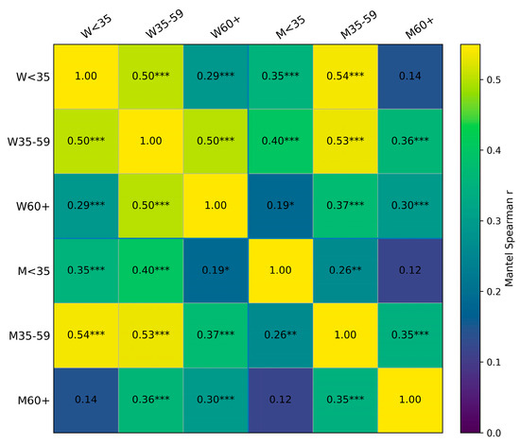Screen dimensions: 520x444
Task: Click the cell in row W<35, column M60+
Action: (x=410, y=77)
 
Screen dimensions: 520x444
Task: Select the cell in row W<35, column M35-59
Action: (x=345, y=77)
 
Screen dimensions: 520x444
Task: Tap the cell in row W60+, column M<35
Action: (x=281, y=206)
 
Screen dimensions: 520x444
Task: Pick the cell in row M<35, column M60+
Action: (x=410, y=271)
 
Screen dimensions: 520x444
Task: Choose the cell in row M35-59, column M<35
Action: (x=281, y=335)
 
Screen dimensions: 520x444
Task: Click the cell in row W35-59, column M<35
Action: (x=281, y=141)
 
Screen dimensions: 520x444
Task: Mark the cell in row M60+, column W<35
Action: (x=86, y=401)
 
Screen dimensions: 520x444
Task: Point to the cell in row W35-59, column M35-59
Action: (x=345, y=141)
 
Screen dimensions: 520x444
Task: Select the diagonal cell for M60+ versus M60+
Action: (x=410, y=401)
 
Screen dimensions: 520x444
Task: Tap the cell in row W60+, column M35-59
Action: (x=345, y=206)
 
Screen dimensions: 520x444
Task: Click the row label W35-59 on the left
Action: (x=28, y=142)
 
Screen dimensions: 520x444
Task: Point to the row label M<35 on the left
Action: (x=33, y=271)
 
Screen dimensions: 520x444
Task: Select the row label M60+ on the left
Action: (x=33, y=401)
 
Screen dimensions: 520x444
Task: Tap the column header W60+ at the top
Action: (x=225, y=27)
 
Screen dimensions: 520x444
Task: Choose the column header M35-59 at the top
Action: (x=359, y=25)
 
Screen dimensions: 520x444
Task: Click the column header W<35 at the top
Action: (x=96, y=26)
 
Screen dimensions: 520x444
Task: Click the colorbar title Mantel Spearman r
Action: (x=509, y=238)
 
